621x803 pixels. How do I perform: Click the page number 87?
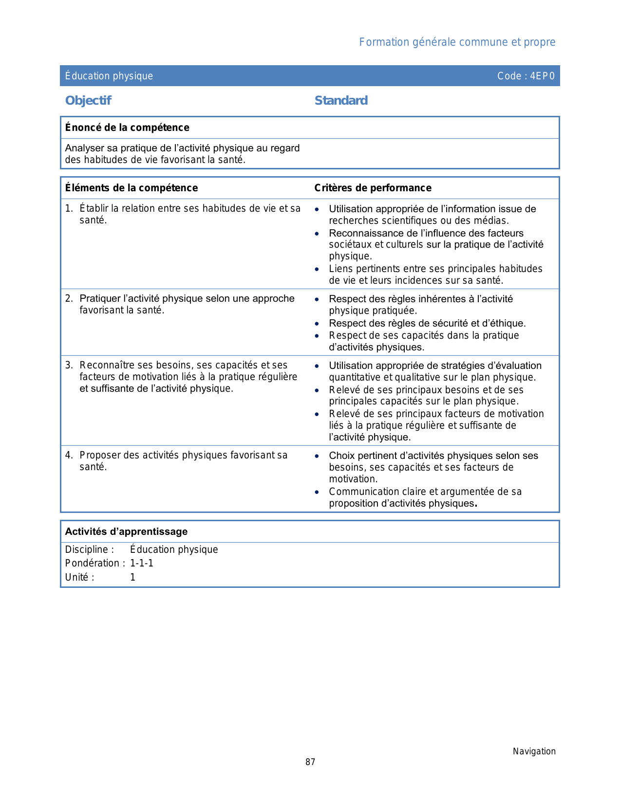point(310,762)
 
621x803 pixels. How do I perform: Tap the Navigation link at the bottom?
point(534,751)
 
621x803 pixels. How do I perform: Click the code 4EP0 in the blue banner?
point(542,76)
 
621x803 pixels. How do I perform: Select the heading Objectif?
point(88,101)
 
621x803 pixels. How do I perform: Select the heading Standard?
point(341,101)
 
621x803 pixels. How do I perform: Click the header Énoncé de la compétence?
point(127,128)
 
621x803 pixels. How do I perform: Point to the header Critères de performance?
point(373,188)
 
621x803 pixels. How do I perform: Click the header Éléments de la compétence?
point(132,188)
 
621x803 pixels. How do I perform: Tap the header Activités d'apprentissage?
point(126,531)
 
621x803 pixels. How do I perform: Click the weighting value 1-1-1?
point(142,563)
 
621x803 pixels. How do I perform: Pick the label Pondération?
point(93,563)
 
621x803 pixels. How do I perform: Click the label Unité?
point(77,577)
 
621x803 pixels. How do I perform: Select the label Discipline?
point(87,549)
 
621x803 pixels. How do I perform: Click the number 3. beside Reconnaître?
point(69,365)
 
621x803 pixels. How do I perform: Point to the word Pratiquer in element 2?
point(100,298)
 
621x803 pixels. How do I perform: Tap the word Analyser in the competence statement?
point(84,148)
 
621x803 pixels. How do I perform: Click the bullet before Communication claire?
point(317,492)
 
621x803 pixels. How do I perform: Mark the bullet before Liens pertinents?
point(317,269)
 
